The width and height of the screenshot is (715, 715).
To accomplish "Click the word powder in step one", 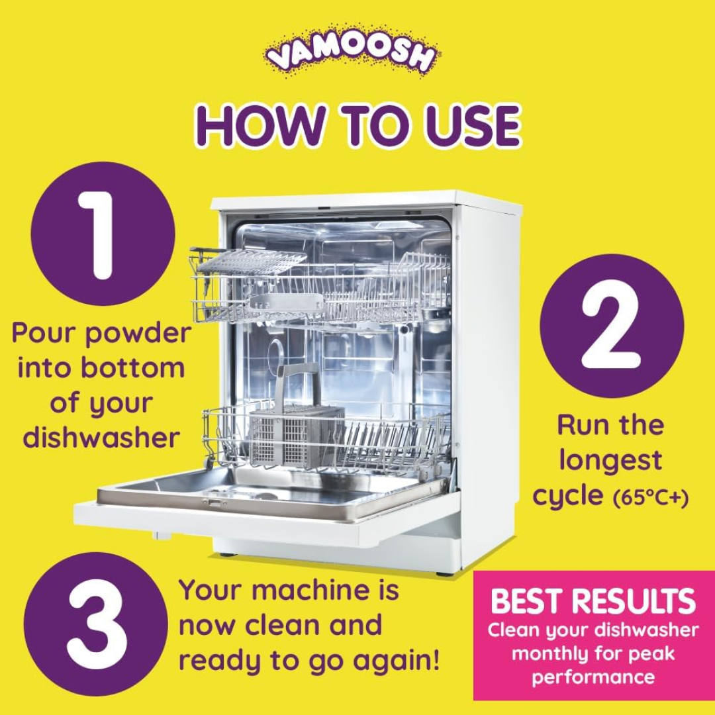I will tap(138, 333).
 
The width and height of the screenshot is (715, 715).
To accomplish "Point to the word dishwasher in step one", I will tap(101, 438).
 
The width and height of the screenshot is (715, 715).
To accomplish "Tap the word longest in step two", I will tap(610, 460).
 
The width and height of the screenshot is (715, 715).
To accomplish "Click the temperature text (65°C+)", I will tap(650, 498).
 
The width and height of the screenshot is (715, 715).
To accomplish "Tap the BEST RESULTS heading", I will tap(593, 601).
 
